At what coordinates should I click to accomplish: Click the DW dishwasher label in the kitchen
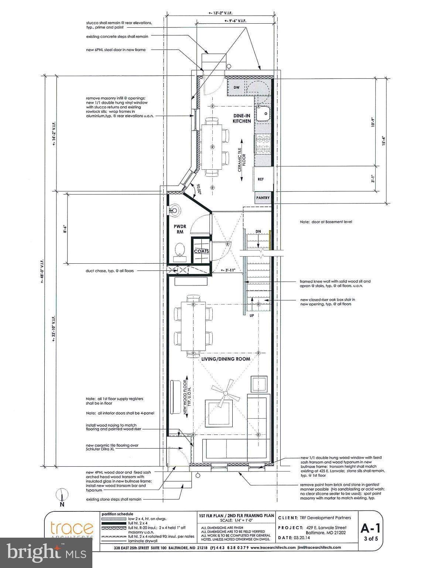[237, 88]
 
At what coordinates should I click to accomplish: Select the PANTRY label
[263, 198]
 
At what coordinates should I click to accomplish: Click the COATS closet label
[202, 251]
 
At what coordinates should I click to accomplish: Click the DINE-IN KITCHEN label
[242, 118]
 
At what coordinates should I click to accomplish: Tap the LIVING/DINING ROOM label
[226, 359]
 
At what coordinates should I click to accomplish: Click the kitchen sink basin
[264, 113]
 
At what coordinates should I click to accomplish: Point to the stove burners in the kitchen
[264, 144]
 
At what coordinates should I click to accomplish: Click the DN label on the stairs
[259, 231]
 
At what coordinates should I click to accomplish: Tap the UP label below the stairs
[251, 316]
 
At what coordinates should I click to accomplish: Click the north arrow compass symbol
[62, 495]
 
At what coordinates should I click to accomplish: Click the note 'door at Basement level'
[326, 222]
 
